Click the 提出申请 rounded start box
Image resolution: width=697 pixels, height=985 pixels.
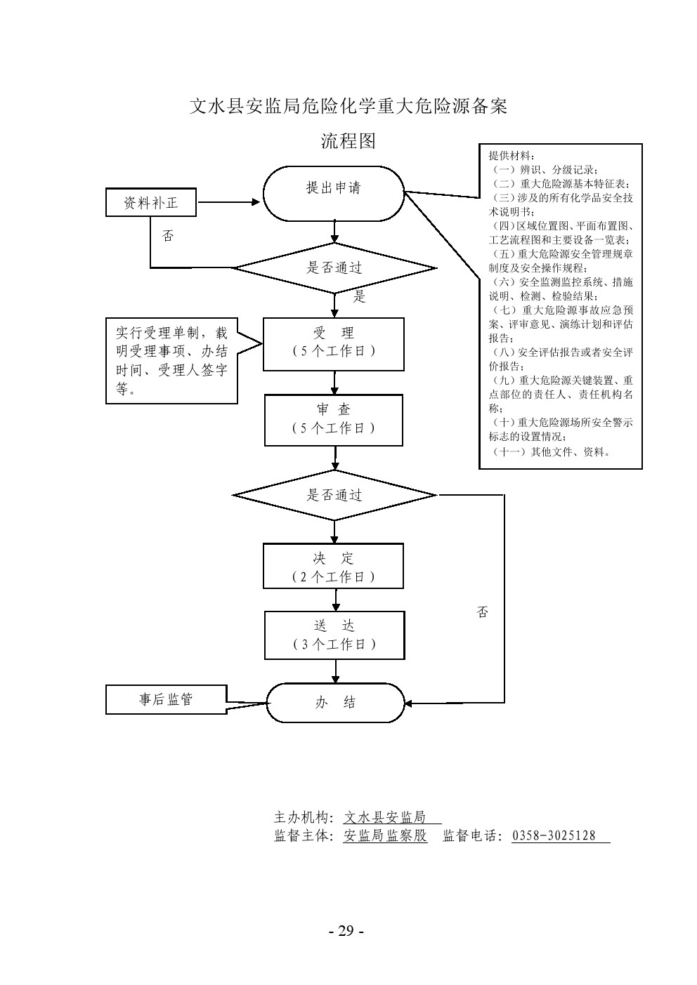334,188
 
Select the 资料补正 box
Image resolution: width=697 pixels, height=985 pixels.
151,204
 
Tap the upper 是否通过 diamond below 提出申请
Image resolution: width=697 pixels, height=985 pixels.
334,267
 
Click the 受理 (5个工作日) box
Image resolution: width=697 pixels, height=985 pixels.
334,343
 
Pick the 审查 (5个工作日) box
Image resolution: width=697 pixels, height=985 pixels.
334,419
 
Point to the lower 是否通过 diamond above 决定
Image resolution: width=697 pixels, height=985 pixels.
334,495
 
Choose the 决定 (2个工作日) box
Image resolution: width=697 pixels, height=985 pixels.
334,567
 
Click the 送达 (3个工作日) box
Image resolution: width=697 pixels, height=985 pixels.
334,635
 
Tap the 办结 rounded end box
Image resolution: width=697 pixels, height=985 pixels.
335,702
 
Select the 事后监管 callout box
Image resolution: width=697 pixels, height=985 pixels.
166,699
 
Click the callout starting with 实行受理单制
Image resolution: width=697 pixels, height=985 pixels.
171,361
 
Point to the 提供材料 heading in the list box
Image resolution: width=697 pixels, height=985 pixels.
512,156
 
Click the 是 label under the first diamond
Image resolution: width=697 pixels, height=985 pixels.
360,296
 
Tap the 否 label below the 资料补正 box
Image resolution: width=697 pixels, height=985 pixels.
168,236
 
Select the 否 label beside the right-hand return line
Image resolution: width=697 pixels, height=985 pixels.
482,612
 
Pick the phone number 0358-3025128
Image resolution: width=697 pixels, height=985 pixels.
554,835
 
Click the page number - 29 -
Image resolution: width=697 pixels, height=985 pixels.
347,931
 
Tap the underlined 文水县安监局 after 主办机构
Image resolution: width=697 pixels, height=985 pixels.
385,817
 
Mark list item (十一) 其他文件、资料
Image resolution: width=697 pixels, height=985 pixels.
552,451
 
